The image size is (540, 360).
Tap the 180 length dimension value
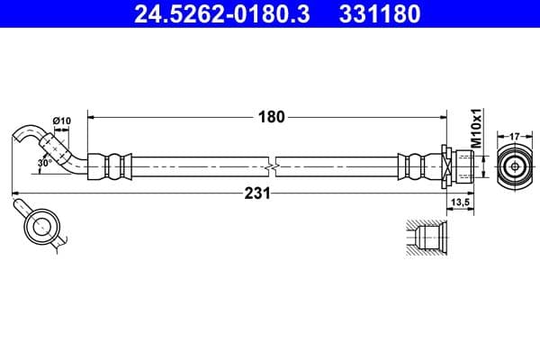click(271, 116)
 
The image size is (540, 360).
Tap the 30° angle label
click(44, 164)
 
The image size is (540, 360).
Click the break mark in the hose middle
click(273, 166)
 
